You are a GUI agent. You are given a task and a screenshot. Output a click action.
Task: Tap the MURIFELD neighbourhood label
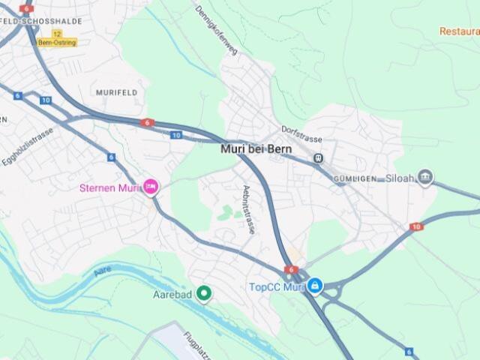click(116, 91)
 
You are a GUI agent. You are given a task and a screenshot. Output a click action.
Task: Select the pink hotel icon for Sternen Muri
click(151, 187)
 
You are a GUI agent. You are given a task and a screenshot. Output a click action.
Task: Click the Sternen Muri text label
click(109, 187)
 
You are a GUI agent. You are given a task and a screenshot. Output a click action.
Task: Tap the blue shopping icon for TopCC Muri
click(316, 286)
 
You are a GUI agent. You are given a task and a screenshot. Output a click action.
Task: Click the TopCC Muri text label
click(276, 286)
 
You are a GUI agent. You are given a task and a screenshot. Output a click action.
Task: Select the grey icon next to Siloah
click(425, 178)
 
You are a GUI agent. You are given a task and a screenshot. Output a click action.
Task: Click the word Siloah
click(400, 178)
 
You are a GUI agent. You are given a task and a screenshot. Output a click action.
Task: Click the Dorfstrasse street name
click(301, 134)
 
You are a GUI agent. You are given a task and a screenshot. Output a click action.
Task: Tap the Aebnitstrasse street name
click(248, 209)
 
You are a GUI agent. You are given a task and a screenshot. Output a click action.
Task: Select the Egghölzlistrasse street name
click(28, 145)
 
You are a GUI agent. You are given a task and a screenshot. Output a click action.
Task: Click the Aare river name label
click(103, 271)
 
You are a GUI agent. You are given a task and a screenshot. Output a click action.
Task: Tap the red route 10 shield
click(416, 226)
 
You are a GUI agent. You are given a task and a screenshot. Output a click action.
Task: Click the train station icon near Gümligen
click(318, 158)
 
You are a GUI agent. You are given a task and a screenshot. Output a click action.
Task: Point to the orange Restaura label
click(459, 31)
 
